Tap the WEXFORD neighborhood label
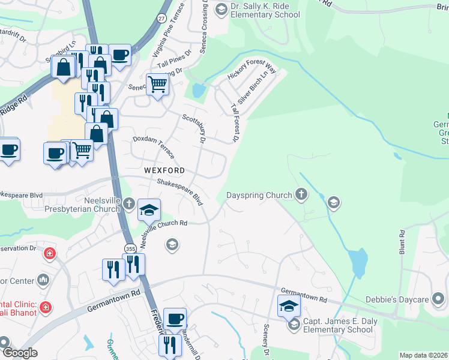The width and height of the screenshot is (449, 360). click(164, 170)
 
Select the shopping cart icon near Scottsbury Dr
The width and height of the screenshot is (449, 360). click(157, 84)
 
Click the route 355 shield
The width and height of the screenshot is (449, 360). click(130, 248)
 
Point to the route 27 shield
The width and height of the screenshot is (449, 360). click(161, 19)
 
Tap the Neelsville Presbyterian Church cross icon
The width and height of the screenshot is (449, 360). click(128, 205)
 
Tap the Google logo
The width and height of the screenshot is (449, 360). click(20, 353)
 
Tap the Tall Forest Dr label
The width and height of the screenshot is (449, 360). click(235, 122)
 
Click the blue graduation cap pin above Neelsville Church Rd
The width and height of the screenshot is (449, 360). click(149, 209)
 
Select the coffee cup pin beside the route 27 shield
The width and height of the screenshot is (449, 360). click(120, 55)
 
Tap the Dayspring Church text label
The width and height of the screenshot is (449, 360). click(259, 195)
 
